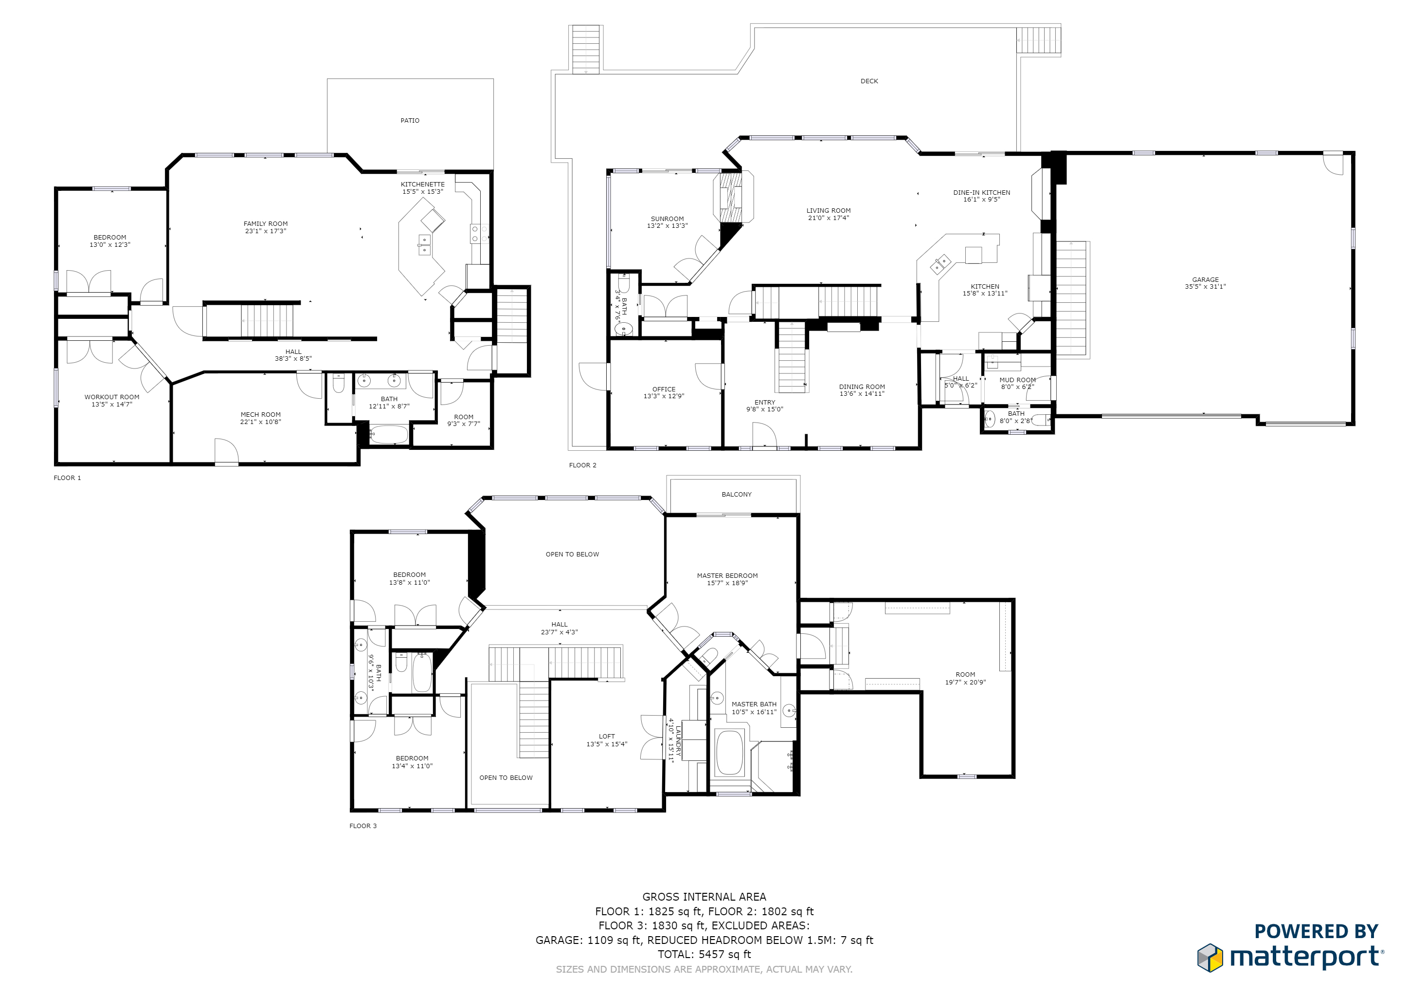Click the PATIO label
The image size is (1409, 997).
[x=410, y=120]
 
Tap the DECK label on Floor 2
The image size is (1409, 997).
[x=869, y=81]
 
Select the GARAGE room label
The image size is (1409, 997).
[x=1205, y=279]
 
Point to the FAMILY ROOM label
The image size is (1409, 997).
[x=265, y=224]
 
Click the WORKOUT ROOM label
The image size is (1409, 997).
[x=112, y=397]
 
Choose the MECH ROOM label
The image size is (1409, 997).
[x=260, y=414]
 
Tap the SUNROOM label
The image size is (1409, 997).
[x=667, y=219]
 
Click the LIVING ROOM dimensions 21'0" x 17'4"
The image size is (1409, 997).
[x=829, y=218]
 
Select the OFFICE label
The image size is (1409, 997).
[x=664, y=389]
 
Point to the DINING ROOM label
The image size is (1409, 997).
[x=862, y=387]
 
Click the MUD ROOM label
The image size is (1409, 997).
[x=1017, y=380]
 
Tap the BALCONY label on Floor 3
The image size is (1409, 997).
[x=737, y=494]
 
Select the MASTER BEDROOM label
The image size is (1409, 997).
[x=727, y=576]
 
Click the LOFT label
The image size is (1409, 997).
[x=606, y=736]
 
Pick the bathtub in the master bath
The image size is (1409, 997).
[x=730, y=753]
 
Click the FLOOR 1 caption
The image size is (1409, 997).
[x=67, y=478]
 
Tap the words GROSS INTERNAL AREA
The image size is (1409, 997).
[x=704, y=896]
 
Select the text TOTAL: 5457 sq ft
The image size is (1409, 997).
[x=704, y=954]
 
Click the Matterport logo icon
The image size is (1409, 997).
[x=1210, y=958]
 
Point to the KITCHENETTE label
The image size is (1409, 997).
[x=422, y=184]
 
